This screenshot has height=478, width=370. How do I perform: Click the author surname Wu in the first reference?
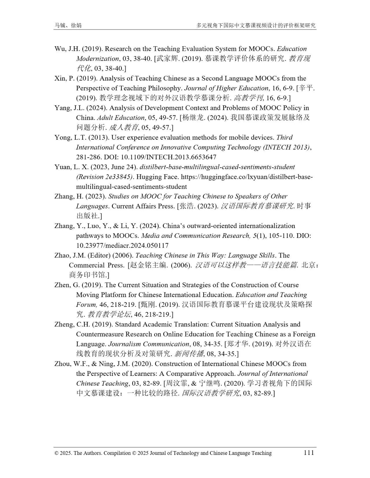click(x=60, y=49)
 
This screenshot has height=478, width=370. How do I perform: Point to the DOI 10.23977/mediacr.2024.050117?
click(x=122, y=246)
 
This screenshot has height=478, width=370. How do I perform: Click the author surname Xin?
click(x=60, y=79)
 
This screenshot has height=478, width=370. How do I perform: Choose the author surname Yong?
click(x=62, y=137)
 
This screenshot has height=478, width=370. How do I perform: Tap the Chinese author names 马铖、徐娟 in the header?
click(x=68, y=25)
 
